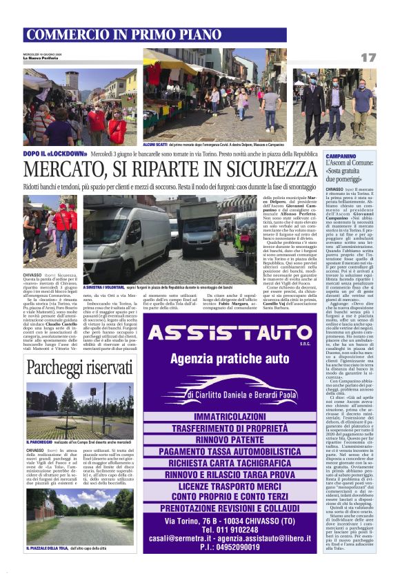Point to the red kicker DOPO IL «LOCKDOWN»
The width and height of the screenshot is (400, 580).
56,154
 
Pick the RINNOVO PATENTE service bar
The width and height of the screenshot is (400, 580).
238,439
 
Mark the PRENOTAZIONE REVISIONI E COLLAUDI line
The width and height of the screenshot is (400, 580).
238,506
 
